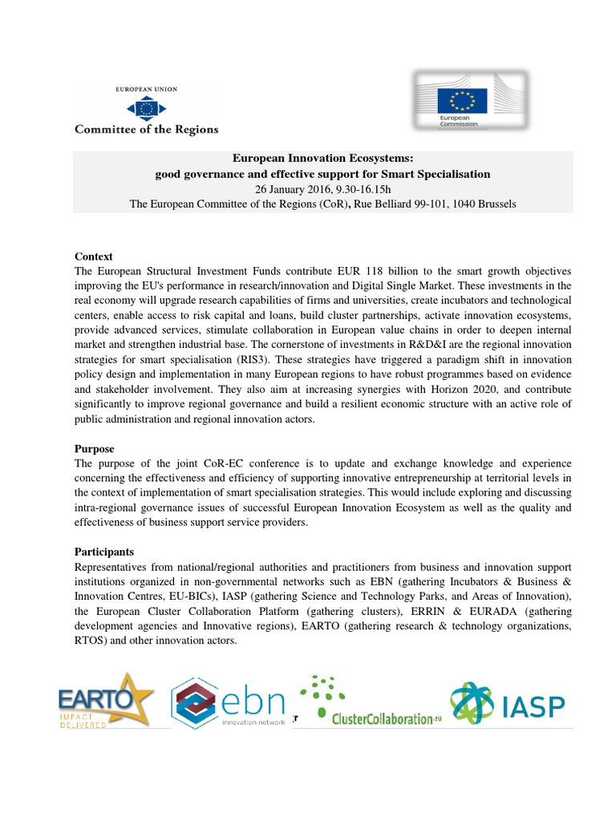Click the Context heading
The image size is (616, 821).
tap(94, 257)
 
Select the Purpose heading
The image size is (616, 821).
tap(95, 449)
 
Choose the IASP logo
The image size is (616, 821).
tap(507, 702)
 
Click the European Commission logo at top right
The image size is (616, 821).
tap(470, 99)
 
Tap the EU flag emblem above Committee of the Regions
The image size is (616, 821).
tap(147, 107)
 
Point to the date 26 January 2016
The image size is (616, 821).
tap(293, 189)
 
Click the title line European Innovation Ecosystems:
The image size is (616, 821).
tap(322, 159)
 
